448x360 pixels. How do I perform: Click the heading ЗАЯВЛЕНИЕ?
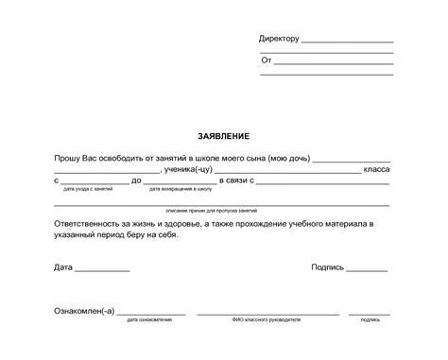pyautogui.click(x=224, y=137)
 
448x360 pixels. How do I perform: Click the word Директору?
pyautogui.click(x=279, y=39)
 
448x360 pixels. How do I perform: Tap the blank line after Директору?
pyautogui.click(x=347, y=42)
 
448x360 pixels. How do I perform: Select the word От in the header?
pyautogui.click(x=266, y=60)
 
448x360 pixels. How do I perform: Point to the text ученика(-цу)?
pyautogui.click(x=187, y=168)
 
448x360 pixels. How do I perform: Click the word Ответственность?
pyautogui.click(x=90, y=223)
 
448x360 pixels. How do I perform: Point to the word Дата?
pyautogui.click(x=63, y=267)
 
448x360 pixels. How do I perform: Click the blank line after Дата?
pyautogui.click(x=102, y=270)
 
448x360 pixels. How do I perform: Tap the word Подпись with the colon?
pyautogui.click(x=327, y=267)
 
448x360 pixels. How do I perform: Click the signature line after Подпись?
pyautogui.click(x=367, y=270)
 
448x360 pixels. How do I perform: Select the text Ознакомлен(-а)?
pyautogui.click(x=84, y=310)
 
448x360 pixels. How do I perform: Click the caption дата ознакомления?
pyautogui.click(x=149, y=320)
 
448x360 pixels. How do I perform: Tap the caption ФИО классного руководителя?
pyautogui.click(x=267, y=320)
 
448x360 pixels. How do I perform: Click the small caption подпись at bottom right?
pyautogui.click(x=370, y=320)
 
